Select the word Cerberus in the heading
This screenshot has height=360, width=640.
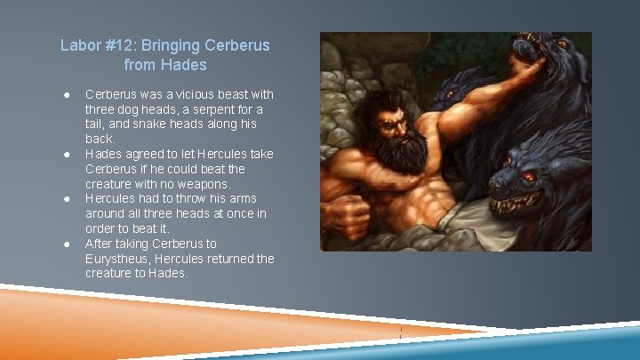pos(238,44)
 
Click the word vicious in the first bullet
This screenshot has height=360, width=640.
pos(186,94)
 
